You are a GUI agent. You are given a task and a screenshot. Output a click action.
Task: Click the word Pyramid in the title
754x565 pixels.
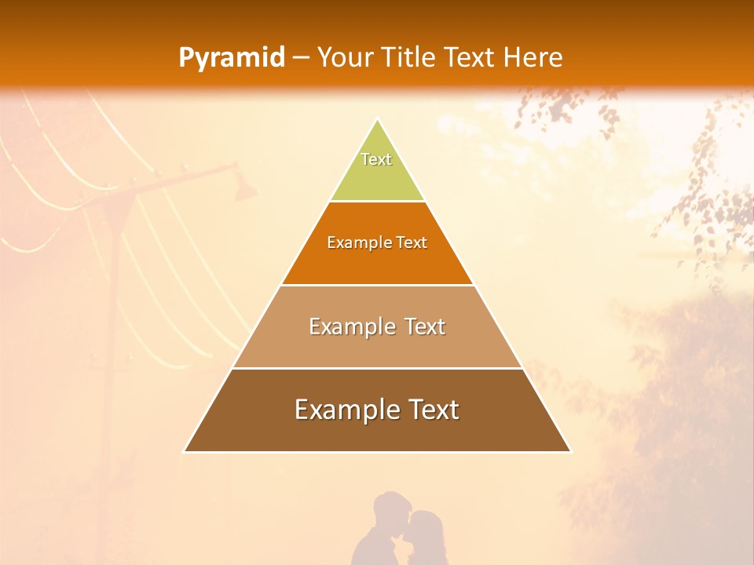point(232,58)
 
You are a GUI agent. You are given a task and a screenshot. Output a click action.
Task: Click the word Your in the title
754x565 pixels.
point(342,57)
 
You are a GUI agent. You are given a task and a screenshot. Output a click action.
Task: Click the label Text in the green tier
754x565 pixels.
point(376,159)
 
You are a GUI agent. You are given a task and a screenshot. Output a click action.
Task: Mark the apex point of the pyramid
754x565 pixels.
point(377,119)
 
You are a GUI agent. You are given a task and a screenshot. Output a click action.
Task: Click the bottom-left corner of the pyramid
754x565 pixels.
point(185,451)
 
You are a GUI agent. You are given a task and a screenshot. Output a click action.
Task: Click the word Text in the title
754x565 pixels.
point(469,57)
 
